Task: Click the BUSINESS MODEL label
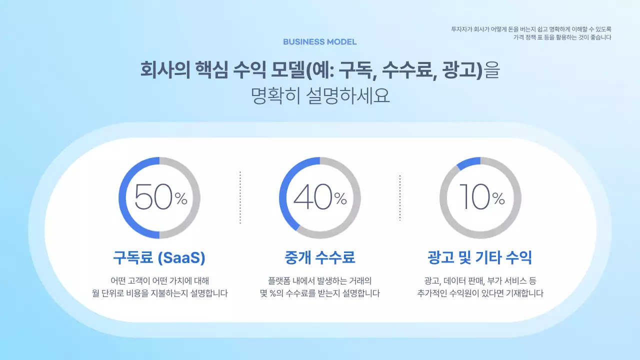click(320, 42)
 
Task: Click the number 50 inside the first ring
click(153, 197)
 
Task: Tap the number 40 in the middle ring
click(313, 197)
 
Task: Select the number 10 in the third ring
click(473, 197)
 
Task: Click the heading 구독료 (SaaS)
click(159, 258)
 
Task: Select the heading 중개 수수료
click(320, 258)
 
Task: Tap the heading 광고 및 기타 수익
click(480, 258)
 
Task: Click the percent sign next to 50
click(181, 199)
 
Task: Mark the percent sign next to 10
click(498, 199)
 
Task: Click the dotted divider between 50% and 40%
click(240, 198)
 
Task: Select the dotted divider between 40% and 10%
click(400, 198)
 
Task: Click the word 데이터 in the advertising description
click(449, 281)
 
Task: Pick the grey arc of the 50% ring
click(196, 198)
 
